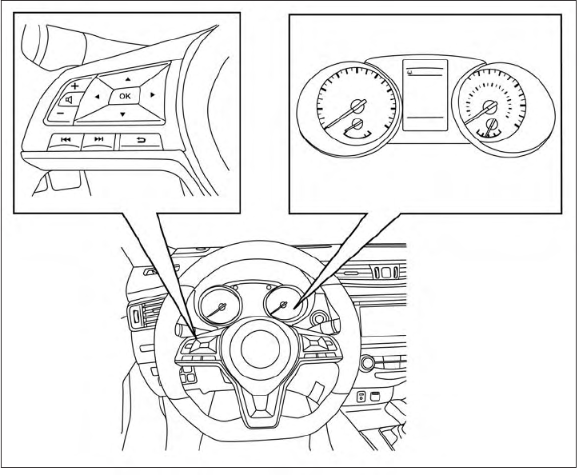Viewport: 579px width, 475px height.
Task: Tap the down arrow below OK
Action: click(122, 114)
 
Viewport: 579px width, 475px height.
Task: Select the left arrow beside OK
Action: click(97, 97)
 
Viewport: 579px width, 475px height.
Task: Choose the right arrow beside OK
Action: click(151, 96)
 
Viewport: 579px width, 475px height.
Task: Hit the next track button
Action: click(99, 141)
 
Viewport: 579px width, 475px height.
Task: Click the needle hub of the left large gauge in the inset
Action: click(357, 103)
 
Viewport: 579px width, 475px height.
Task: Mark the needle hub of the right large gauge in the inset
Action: click(489, 101)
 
